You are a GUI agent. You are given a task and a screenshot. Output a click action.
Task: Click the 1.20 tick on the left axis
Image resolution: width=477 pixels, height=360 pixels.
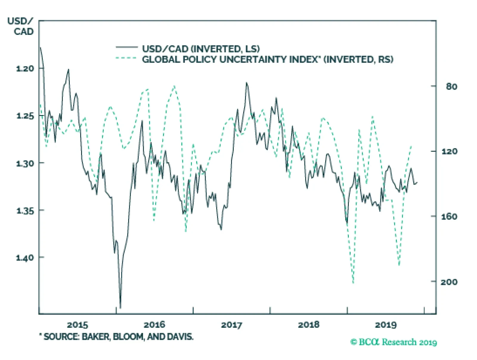click(25, 69)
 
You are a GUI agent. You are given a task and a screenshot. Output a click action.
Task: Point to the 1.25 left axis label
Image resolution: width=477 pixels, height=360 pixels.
click(25, 116)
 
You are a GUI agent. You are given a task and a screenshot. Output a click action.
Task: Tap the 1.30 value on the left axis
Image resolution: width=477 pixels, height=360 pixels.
click(25, 163)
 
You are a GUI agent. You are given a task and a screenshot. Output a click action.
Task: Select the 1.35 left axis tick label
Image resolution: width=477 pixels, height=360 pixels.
click(25, 211)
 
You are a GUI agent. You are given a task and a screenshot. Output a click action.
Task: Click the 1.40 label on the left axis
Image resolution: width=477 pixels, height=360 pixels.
click(25, 257)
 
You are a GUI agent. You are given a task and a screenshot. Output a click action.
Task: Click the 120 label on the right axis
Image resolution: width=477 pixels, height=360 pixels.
click(449, 151)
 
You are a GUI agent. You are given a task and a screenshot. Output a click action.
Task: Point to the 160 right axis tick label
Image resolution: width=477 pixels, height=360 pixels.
click(449, 216)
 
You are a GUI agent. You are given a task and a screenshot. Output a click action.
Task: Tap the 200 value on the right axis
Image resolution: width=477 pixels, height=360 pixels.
click(449, 282)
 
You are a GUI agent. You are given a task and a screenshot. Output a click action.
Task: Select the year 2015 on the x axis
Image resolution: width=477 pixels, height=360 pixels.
click(78, 325)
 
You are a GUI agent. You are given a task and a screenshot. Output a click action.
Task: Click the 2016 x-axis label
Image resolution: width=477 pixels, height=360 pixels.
click(154, 325)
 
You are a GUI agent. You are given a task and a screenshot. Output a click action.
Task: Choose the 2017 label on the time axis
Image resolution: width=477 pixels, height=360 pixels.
click(232, 325)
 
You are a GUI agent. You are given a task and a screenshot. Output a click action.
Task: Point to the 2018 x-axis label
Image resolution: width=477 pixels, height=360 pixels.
click(309, 325)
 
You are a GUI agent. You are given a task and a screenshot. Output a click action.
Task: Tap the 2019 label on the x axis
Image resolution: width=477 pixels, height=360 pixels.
click(386, 325)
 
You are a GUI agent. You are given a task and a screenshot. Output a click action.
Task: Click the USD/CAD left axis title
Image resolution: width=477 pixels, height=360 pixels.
click(21, 26)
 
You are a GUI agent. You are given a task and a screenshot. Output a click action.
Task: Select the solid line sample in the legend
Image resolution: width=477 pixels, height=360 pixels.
click(127, 47)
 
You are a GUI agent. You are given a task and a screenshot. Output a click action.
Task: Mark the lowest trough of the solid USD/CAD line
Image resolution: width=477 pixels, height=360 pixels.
click(120, 308)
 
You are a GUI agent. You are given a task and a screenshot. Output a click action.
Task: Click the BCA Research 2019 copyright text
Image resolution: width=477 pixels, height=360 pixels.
click(394, 342)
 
